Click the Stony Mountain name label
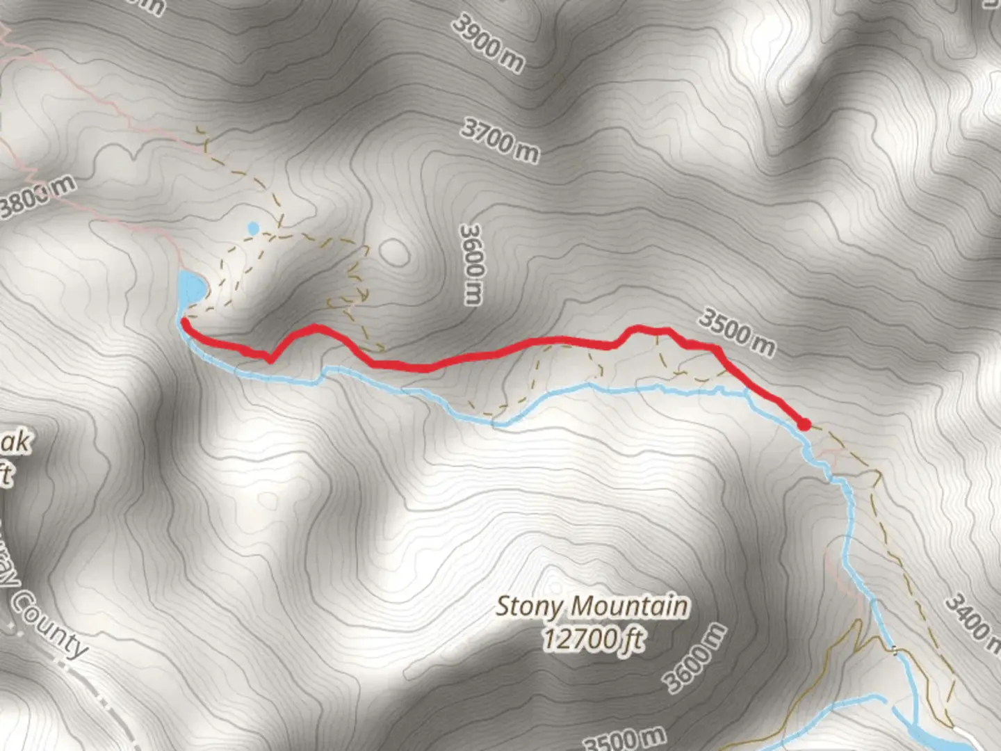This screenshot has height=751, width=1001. point(592,607)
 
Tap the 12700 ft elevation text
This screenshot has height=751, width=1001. point(594,638)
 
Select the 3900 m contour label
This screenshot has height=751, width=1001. point(488,43)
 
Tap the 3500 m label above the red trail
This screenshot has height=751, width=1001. point(736,332)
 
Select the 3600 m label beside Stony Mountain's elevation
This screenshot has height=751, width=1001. point(695,658)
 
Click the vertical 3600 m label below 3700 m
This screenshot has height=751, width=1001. point(472,264)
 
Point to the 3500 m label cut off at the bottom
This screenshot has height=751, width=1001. point(624,739)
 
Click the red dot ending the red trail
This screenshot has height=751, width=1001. point(804,424)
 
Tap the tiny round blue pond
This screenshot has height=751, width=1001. point(253,228)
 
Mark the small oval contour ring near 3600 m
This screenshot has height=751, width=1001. point(394,252)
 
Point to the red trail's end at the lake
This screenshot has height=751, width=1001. point(185,321)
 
